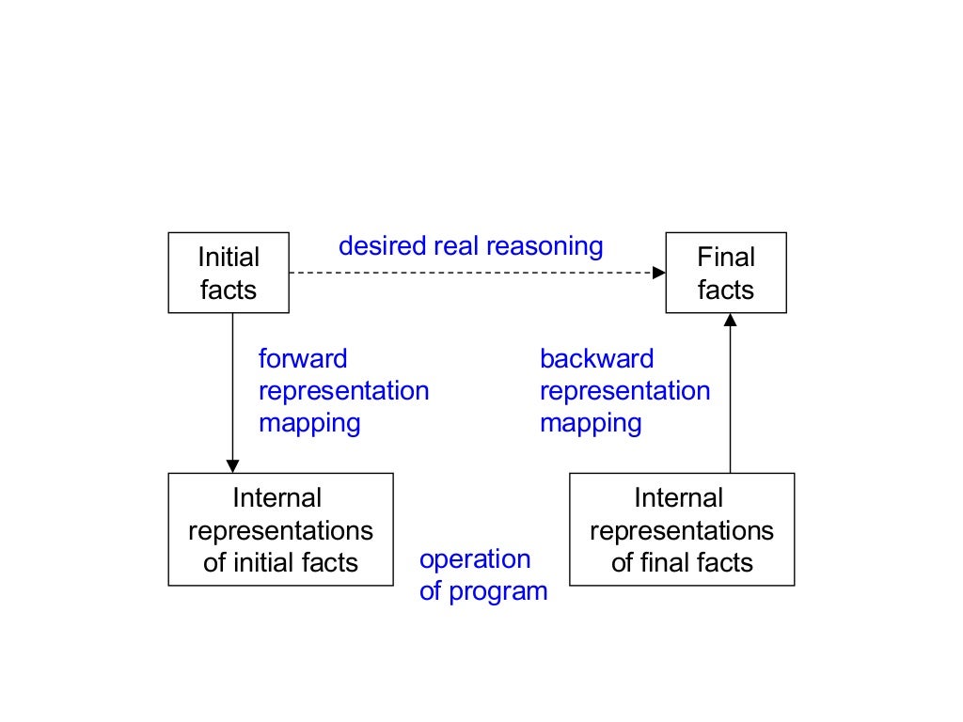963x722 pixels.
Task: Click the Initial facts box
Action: (229, 273)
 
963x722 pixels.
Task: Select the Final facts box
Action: (725, 273)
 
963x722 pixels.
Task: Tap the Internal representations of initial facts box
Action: (280, 529)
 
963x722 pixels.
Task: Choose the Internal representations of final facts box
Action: (682, 529)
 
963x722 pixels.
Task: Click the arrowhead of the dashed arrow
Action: (658, 273)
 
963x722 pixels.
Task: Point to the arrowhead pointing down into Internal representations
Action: (232, 466)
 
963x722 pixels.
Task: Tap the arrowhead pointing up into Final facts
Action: (730, 320)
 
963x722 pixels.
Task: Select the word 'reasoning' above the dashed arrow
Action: (545, 247)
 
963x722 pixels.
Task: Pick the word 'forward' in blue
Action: (303, 358)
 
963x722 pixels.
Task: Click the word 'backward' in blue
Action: (596, 358)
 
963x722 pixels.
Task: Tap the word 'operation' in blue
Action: (475, 559)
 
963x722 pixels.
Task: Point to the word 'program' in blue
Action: (498, 592)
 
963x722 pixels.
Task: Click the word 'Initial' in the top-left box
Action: (229, 257)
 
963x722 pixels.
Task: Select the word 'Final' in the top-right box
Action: (726, 257)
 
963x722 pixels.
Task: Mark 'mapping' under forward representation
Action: (309, 423)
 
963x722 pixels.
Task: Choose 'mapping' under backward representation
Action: (591, 423)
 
